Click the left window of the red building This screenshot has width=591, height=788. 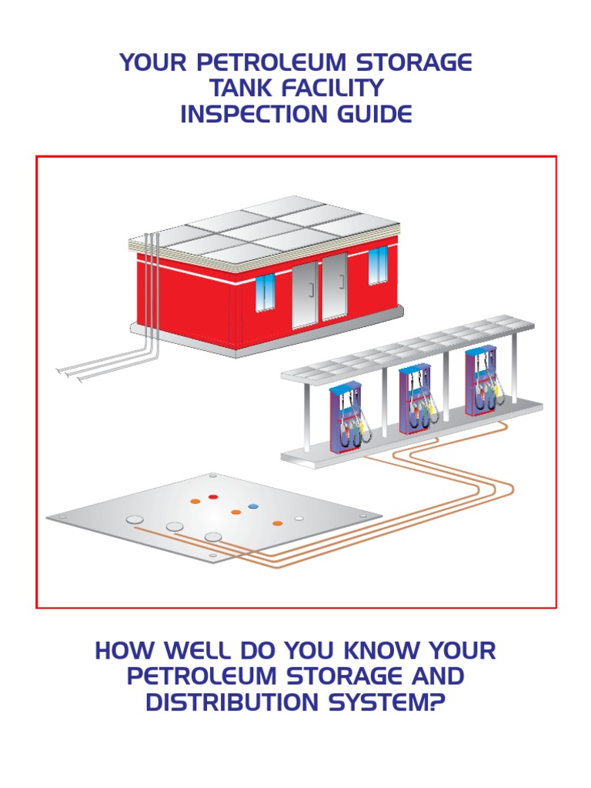[264, 292]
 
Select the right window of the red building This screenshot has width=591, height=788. [378, 265]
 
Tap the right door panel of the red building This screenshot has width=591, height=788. [335, 287]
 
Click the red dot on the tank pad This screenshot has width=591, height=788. [213, 497]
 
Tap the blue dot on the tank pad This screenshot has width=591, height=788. [252, 507]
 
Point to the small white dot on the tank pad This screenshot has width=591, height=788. [299, 518]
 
